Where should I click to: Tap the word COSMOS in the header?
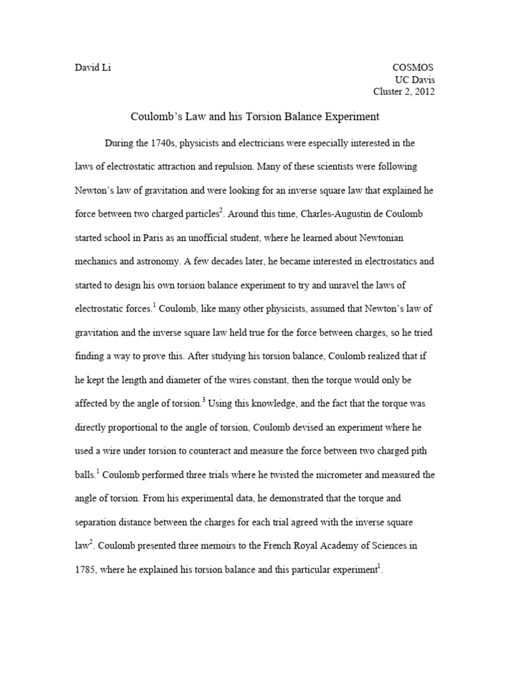414,68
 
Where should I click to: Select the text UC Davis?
416,80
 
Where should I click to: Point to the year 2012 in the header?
423,92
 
